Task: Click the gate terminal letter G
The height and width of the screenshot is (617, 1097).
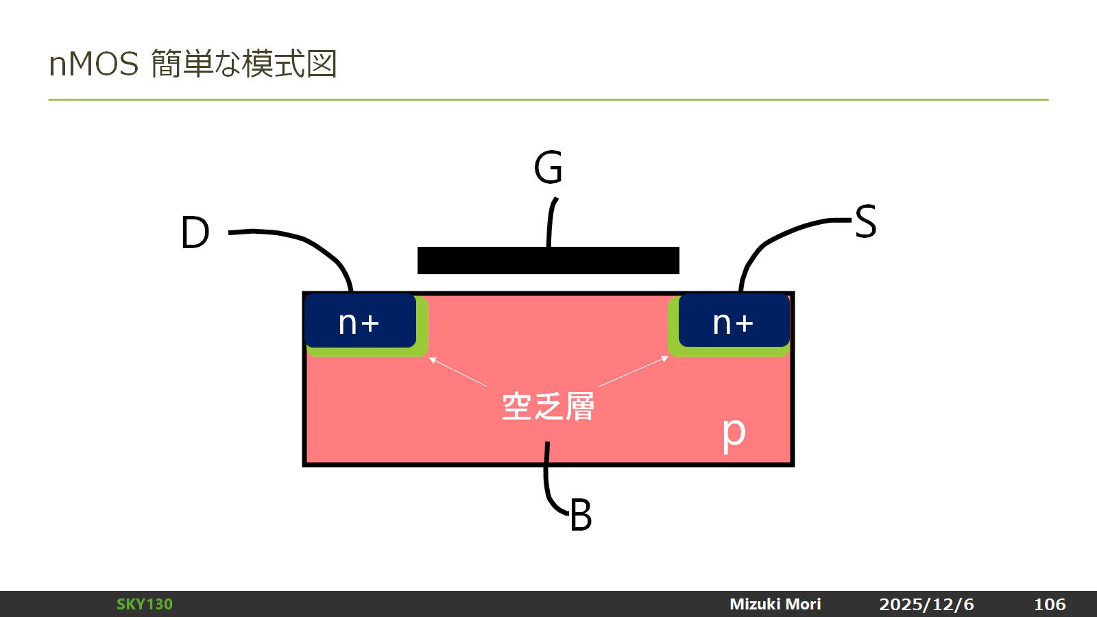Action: [x=548, y=167]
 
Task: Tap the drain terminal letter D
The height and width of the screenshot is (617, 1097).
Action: [x=195, y=232]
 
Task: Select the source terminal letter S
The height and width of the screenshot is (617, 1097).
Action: [x=865, y=221]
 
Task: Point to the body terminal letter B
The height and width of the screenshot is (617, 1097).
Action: [x=581, y=515]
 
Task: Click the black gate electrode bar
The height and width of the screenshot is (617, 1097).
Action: [x=548, y=261]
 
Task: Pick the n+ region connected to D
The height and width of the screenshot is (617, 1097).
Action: [x=361, y=321]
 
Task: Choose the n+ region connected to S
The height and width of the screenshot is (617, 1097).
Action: [x=734, y=320]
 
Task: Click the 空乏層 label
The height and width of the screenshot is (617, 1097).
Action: [x=548, y=407]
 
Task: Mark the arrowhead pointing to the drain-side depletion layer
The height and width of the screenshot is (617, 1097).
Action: [x=432, y=360]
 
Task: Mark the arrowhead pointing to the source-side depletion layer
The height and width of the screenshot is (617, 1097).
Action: [x=665, y=359]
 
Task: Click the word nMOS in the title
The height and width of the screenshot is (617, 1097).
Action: [x=93, y=64]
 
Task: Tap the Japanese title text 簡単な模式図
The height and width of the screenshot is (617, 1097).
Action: [x=244, y=64]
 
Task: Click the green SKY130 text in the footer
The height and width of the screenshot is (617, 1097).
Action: [x=145, y=604]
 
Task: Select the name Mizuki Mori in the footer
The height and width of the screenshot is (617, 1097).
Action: [x=775, y=604]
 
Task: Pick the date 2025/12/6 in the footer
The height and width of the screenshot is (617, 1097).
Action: [x=926, y=604]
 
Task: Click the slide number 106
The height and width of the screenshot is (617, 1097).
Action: [x=1050, y=604]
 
